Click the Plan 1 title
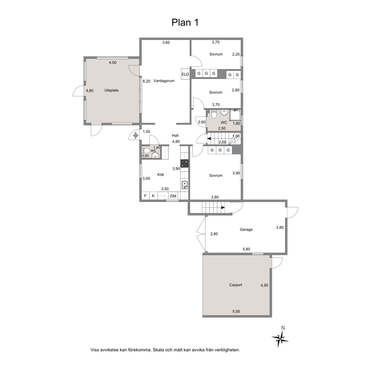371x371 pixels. coord(185,22)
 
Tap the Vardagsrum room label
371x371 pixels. coord(164,81)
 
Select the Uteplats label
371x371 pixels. coord(111,91)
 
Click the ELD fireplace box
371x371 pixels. coord(185,74)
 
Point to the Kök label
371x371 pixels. coord(161,175)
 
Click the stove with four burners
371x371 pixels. coord(185,163)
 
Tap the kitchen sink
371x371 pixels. coord(184,185)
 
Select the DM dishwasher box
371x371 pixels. coord(173,196)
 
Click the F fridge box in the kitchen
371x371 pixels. coord(145,196)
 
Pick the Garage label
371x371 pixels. coord(246,230)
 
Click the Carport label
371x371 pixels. coord(236,285)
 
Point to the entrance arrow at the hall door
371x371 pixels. coord(136,136)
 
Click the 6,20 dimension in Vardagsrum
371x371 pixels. coord(147,81)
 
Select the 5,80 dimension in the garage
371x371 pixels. coord(246,249)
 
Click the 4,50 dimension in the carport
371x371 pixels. coord(264,285)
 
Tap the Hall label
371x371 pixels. coord(175,136)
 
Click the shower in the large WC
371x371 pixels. coord(235,116)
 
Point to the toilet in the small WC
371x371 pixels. coord(146,150)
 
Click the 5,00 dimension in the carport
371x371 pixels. coord(236,312)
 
